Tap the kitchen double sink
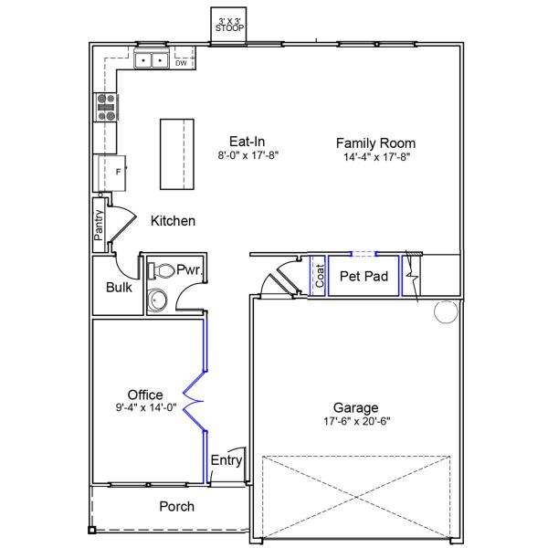pyautogui.click(x=151, y=61)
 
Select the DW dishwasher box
pyautogui.click(x=181, y=63)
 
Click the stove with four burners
pyautogui.click(x=105, y=108)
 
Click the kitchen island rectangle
pyautogui.click(x=179, y=154)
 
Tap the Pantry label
pyautogui.click(x=99, y=226)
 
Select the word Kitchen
pyautogui.click(x=173, y=221)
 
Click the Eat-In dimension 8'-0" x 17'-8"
pyautogui.click(x=248, y=156)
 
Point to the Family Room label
pyautogui.click(x=375, y=142)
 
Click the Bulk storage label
pyautogui.click(x=119, y=287)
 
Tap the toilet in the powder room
pyautogui.click(x=162, y=270)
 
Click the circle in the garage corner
pyautogui.click(x=445, y=312)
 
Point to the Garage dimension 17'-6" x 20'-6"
pyautogui.click(x=355, y=422)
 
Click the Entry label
pyautogui.click(x=227, y=460)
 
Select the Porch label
pyautogui.click(x=176, y=506)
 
